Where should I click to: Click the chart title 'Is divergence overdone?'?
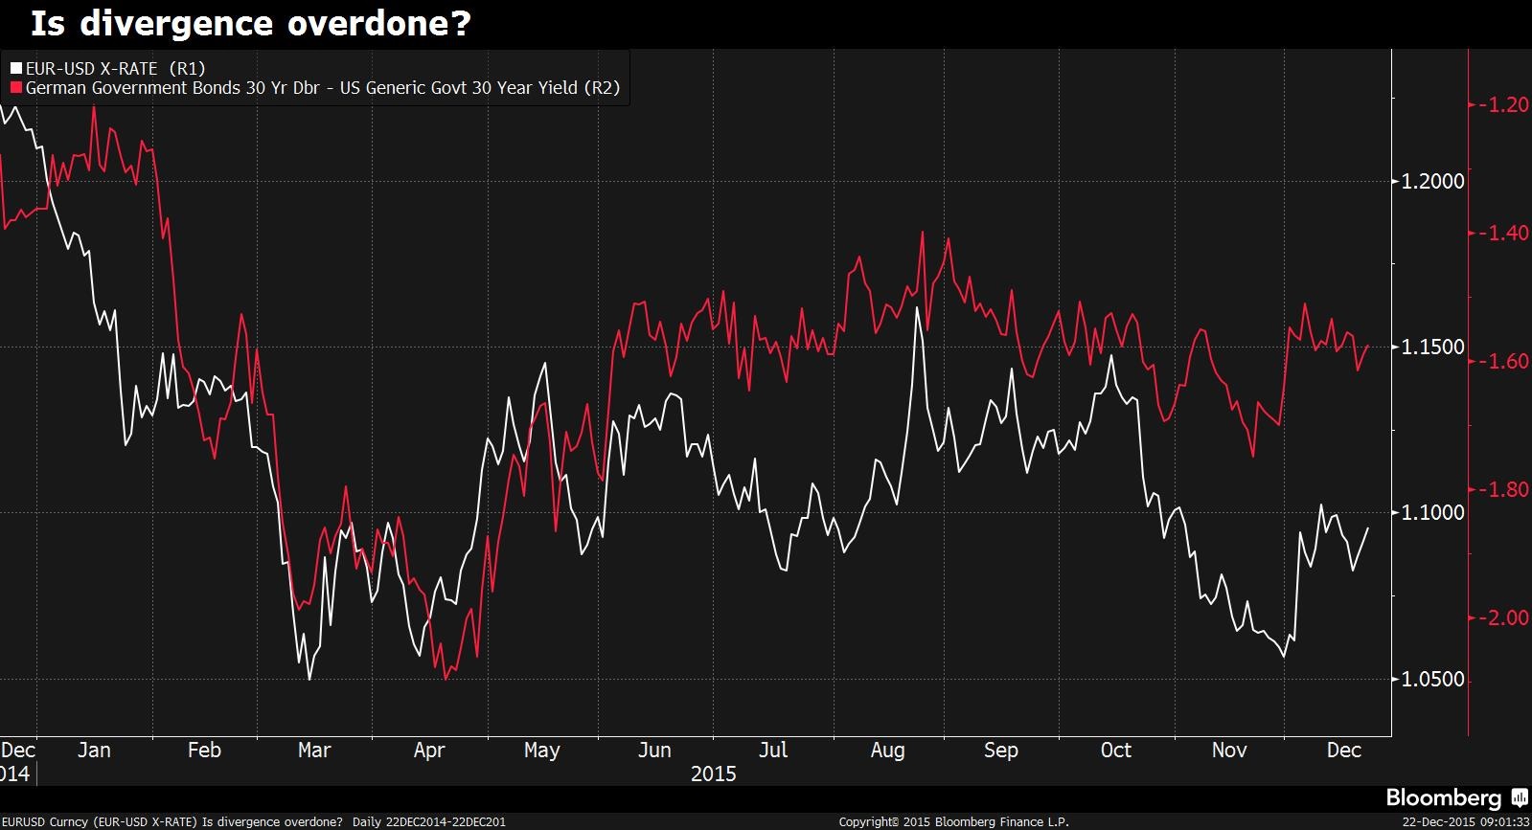pos(251,23)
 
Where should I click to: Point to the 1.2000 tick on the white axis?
pos(1431,181)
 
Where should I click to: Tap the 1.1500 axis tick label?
pos(1431,347)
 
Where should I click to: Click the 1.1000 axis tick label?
pos(1431,512)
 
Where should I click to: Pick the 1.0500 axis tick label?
pos(1431,679)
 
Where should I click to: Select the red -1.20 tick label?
pos(1502,104)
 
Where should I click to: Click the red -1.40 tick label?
pos(1502,233)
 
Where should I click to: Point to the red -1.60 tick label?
pos(1502,361)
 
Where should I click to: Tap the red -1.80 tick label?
pos(1502,489)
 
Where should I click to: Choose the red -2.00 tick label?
pos(1502,617)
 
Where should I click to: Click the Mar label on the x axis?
pos(314,751)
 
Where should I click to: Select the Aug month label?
pos(887,751)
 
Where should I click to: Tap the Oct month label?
pos(1115,751)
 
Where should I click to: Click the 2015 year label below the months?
pos(713,774)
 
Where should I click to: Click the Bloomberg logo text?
pos(1443,797)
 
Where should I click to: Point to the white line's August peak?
pos(918,307)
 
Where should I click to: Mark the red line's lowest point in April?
pos(446,679)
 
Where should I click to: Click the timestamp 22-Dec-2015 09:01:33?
pos(1465,821)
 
